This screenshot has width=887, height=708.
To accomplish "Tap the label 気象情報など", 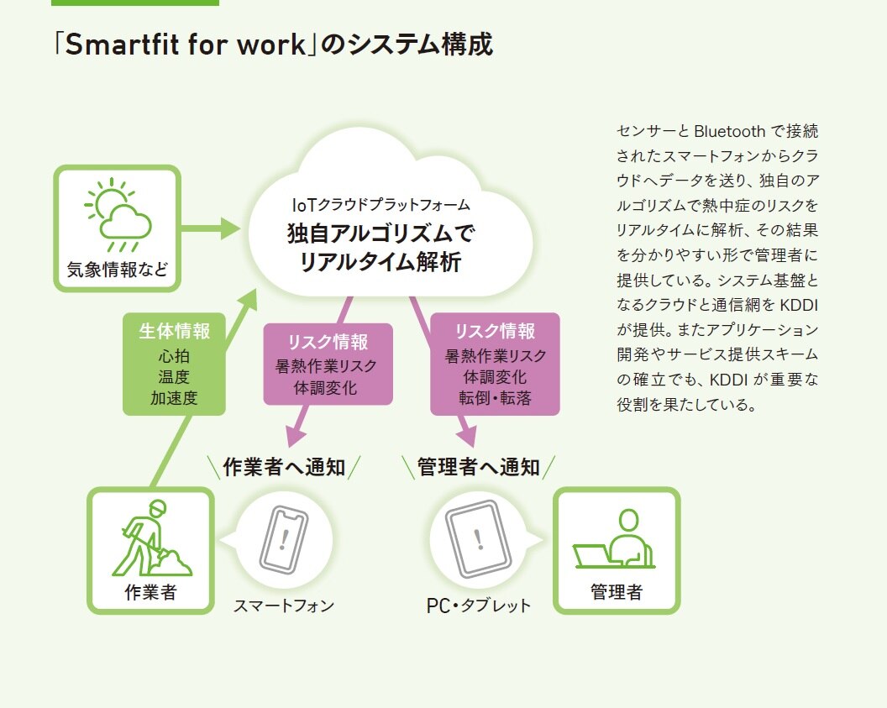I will (118, 270).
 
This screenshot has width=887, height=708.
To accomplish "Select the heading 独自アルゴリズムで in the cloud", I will (381, 233).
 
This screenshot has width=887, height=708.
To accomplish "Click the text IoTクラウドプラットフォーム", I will (381, 204).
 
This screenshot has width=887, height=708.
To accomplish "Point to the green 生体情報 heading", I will (175, 330).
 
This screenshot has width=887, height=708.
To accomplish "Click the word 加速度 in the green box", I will (175, 398).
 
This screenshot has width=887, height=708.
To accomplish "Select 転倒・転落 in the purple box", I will (495, 398).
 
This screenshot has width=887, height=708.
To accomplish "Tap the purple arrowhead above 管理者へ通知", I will (466, 437).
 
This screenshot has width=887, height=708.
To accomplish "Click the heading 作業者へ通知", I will (284, 468).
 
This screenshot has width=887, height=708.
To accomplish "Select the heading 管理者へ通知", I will (479, 468).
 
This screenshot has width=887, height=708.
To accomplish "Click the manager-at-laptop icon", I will (615, 539).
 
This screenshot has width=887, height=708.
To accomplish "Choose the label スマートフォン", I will (284, 605).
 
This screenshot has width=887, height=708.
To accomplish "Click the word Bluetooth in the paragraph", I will (729, 131).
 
